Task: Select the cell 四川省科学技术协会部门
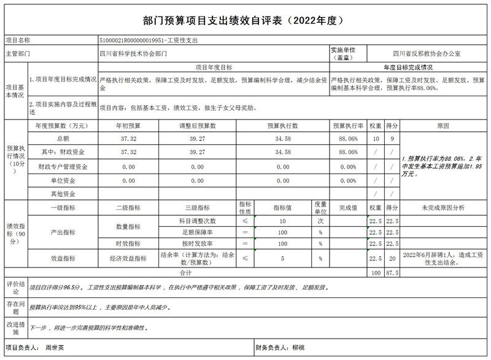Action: pyautogui.click(x=132, y=53)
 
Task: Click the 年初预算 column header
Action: pyautogui.click(x=128, y=125)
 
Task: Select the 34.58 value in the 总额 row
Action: pyautogui.click(x=283, y=139)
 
